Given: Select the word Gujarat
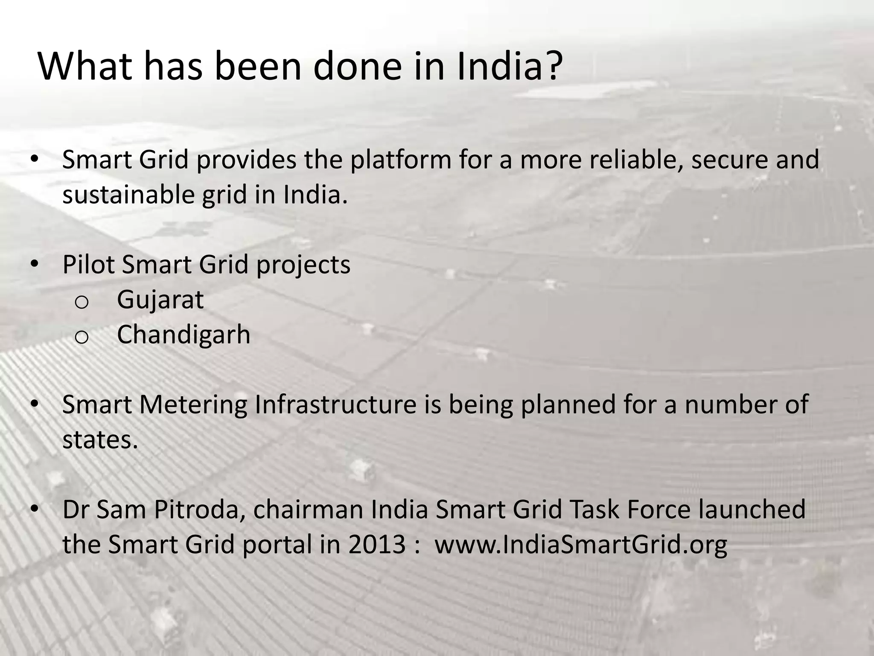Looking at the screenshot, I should [160, 300].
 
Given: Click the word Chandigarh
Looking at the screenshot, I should [184, 334].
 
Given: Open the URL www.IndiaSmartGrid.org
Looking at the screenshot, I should [580, 545].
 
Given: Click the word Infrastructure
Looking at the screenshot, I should [335, 404].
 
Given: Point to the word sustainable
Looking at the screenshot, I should [128, 195].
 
